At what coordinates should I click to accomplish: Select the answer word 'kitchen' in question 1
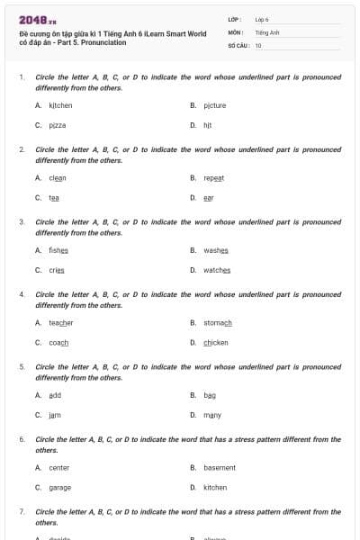click(x=60, y=105)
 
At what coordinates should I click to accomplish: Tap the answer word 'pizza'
click(x=58, y=125)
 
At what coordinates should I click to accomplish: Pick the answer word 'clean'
click(x=58, y=177)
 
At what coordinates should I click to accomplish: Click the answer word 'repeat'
click(x=213, y=177)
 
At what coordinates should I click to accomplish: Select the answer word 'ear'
click(x=208, y=197)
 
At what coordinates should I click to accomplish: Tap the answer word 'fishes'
click(x=58, y=249)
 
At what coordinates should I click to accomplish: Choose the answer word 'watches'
click(x=217, y=270)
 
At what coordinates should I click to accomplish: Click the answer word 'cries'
click(x=57, y=270)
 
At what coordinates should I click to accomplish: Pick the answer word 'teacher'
click(x=60, y=322)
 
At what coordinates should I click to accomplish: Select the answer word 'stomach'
click(x=217, y=322)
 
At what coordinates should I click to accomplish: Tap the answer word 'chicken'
click(x=216, y=342)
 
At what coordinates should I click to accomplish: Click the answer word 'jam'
click(x=54, y=415)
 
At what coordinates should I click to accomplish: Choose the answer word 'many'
click(x=211, y=415)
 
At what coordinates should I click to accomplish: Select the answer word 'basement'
click(x=220, y=467)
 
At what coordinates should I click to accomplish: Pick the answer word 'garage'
click(x=59, y=487)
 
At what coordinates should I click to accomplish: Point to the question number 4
click(x=22, y=294)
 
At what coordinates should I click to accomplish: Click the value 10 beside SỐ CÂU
click(x=258, y=45)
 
